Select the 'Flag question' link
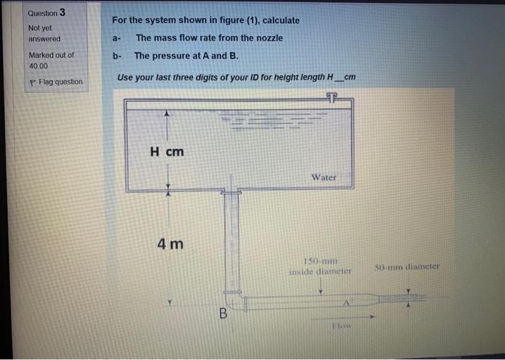coord(58,82)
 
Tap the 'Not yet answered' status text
coord(43,33)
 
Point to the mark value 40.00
coord(38,65)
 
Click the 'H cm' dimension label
coord(167,152)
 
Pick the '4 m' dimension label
coord(170,244)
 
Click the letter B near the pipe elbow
coord(223,313)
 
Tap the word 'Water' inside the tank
coord(324,177)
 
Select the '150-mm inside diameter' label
coord(320,266)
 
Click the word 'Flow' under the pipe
coord(341,327)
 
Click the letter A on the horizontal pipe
coord(346,302)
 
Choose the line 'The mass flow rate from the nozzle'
coord(208,38)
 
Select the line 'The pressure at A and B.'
coord(185,56)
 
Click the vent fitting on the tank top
coord(332,97)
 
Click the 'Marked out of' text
coord(50,55)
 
